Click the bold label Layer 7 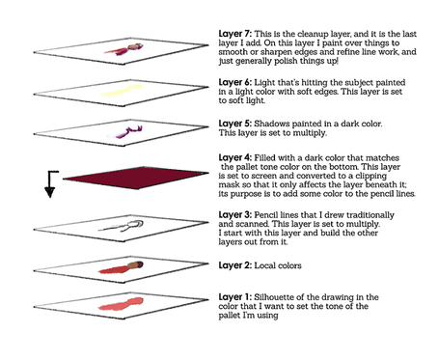coord(235,34)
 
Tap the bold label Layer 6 coord(235,83)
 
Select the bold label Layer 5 coord(235,124)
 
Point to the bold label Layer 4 coord(235,158)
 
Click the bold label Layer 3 coord(235,215)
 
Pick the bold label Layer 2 coord(235,265)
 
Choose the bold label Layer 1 coord(235,297)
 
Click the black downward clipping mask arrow coord(50,184)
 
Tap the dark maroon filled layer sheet coord(136,178)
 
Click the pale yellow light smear coord(121,91)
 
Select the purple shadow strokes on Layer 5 coord(124,132)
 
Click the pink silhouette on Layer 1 coord(121,304)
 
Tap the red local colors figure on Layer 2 coord(121,267)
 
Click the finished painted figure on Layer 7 coord(123,49)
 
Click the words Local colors coord(278,265)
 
